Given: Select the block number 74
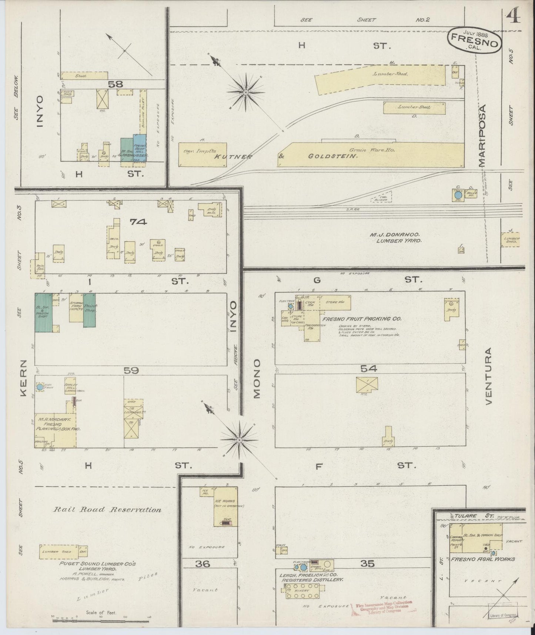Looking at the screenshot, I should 138,222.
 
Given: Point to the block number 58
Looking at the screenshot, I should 115,84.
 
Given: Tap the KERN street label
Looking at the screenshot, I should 23,378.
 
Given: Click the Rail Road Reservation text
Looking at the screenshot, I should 108,510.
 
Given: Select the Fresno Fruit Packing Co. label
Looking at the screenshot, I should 362,319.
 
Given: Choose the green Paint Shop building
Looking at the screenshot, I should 90,310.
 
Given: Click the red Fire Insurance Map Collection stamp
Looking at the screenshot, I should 384,607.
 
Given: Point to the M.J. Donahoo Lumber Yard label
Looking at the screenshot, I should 397,237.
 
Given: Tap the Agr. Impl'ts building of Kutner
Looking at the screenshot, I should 202,154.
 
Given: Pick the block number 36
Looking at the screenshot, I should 203,563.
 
